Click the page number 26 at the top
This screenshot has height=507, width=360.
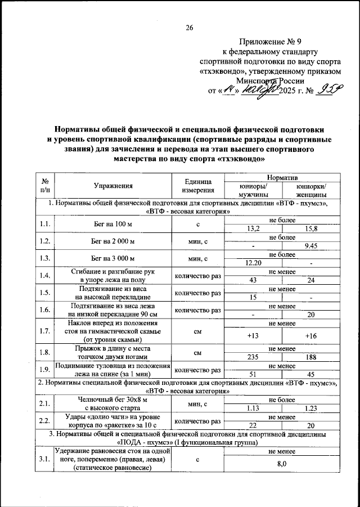tap(189, 28)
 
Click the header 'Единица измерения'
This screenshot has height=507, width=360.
tap(197, 185)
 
